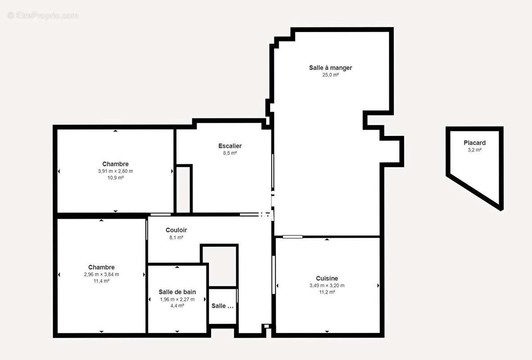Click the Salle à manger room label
pos(330,67)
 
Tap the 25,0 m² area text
pos(330,75)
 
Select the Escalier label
pos(230,146)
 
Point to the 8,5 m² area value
pos(230,153)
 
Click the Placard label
pos(475,143)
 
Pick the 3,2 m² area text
pos(475,150)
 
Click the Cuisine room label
pos(327,278)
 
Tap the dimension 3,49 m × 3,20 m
pos(327,285)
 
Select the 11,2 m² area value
pos(327,292)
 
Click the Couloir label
pos(176,230)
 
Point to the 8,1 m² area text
pos(176,238)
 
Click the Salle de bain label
pos(177,292)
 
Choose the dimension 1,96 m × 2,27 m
pos(177,299)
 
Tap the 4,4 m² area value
pos(177,306)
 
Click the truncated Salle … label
pos(222,306)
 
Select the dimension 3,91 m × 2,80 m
pos(115,171)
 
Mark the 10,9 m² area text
pos(115,177)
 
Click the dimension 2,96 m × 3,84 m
pos(101,274)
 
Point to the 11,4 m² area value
pos(101,281)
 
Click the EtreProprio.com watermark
pos(43,16)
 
